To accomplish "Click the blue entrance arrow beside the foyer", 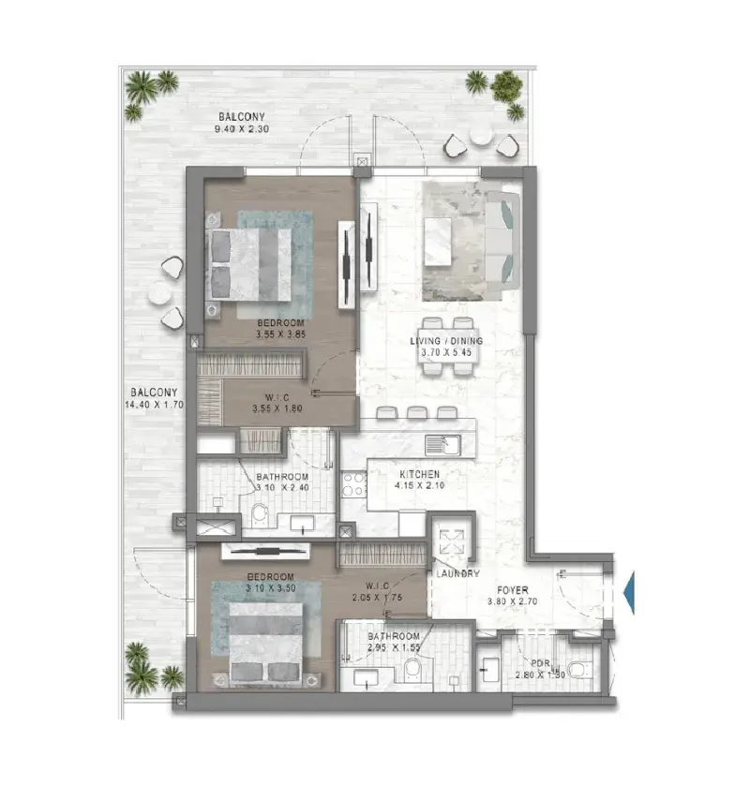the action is pyautogui.click(x=629, y=592).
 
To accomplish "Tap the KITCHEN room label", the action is pyautogui.click(x=419, y=474).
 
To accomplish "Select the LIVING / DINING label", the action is pyautogui.click(x=446, y=341).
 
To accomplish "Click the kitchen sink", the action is pyautogui.click(x=442, y=445).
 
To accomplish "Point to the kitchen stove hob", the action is pyautogui.click(x=353, y=483).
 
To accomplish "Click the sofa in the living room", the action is pyautogui.click(x=503, y=240).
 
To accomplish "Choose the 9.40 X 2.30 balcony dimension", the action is pyautogui.click(x=242, y=129).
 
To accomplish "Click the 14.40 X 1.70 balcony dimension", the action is pyautogui.click(x=155, y=404).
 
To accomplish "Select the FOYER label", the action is pyautogui.click(x=512, y=590).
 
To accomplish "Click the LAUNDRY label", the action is pyautogui.click(x=457, y=573).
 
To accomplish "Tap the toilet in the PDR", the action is pyautogui.click(x=581, y=669).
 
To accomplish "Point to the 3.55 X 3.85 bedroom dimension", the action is pyautogui.click(x=280, y=334).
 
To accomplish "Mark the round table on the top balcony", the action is pyautogui.click(x=481, y=134).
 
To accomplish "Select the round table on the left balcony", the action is pyautogui.click(x=160, y=292).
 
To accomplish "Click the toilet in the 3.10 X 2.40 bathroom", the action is pyautogui.click(x=260, y=512).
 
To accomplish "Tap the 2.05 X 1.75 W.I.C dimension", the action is pyautogui.click(x=377, y=597).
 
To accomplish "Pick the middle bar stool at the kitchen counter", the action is pyautogui.click(x=417, y=412).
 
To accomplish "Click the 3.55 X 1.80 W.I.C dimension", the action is pyautogui.click(x=277, y=408).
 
